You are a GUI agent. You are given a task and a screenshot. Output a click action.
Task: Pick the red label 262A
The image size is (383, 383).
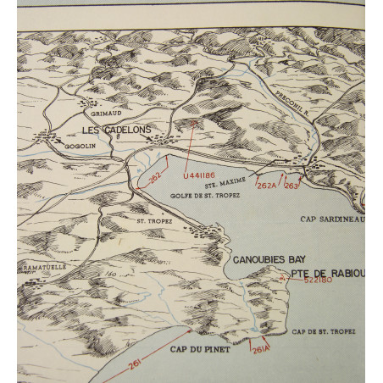tap(267, 185)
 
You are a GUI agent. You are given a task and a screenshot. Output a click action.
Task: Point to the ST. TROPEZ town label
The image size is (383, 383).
tap(155, 221)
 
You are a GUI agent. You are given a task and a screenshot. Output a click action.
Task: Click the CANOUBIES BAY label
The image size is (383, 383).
tap(269, 259)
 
